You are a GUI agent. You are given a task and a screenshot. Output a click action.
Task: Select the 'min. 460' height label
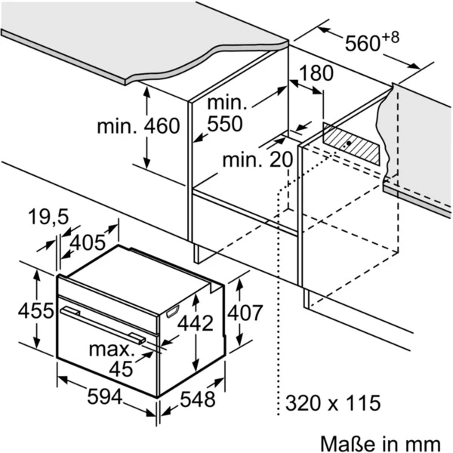pyautogui.click(x=138, y=125)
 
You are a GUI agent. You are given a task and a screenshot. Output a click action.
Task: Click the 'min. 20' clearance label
pyautogui.click(x=256, y=160)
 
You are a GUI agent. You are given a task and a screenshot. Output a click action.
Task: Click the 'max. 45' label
pyautogui.click(x=112, y=359)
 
